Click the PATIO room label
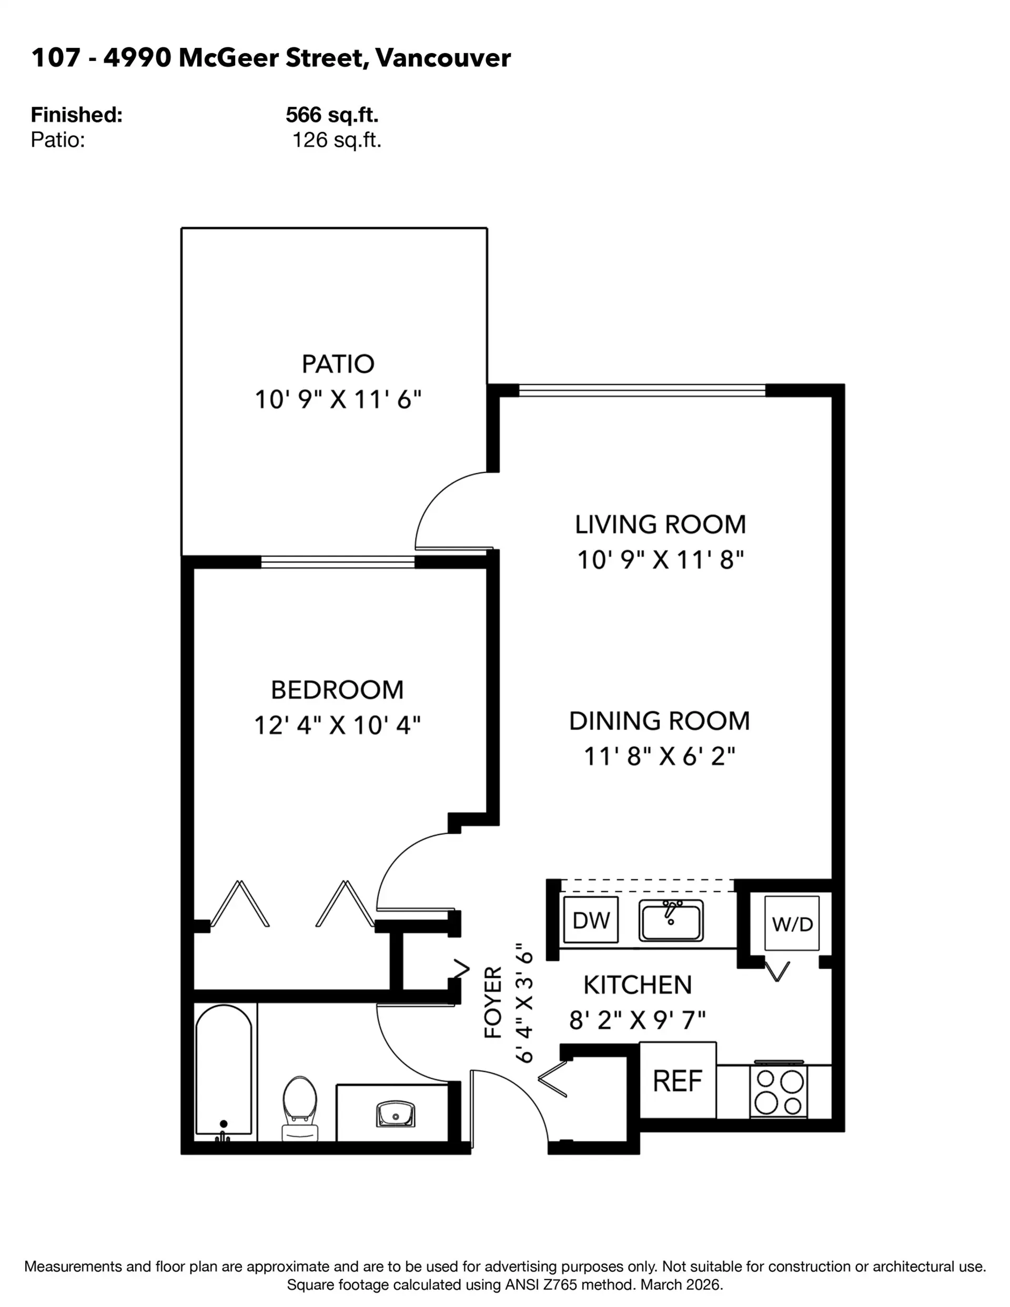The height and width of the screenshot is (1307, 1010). (x=338, y=364)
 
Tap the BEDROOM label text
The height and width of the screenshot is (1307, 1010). (x=337, y=690)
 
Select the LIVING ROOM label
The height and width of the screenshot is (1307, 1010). (x=660, y=525)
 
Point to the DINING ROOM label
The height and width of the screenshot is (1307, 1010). (x=659, y=721)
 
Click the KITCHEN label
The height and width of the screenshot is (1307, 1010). (x=638, y=985)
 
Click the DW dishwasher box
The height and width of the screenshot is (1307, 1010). (x=591, y=920)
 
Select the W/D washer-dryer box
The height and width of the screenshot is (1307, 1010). (x=792, y=923)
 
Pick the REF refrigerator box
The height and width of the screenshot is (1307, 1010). (x=678, y=1080)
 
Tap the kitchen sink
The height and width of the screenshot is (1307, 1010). (x=671, y=920)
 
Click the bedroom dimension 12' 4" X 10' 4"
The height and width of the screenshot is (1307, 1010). (x=337, y=726)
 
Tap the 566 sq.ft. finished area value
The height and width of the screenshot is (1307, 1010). (x=332, y=114)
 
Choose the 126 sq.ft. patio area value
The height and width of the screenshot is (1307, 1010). (x=337, y=140)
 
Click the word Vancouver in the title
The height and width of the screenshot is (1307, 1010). (x=443, y=58)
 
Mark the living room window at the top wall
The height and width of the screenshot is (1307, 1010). (x=642, y=391)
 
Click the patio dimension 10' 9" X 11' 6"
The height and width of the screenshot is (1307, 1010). (x=338, y=400)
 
